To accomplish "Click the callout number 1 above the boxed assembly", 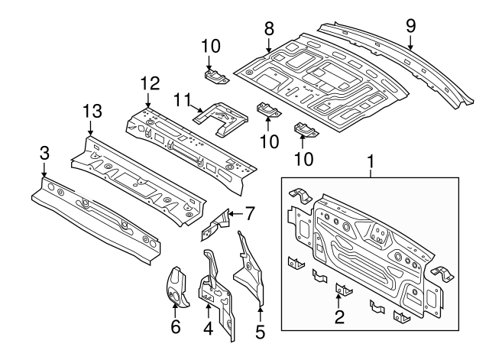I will pos(372,163).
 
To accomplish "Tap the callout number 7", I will pos(250,212).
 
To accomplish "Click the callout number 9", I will pos(410,26).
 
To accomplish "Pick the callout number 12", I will pos(147,83).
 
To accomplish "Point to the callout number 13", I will pos(92,112).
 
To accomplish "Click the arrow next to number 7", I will pos(235,212).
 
